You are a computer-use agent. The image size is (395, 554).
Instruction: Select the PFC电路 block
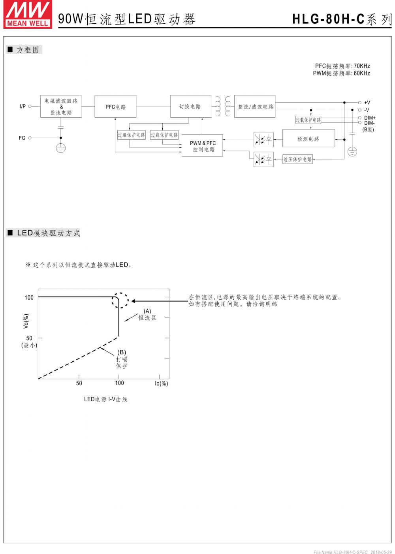click(115, 107)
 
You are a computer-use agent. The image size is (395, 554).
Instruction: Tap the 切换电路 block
click(190, 106)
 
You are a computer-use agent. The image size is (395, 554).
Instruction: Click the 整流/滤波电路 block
click(255, 106)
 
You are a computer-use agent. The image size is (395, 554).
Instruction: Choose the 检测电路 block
click(308, 139)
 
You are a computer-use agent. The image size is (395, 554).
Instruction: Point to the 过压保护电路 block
click(297, 160)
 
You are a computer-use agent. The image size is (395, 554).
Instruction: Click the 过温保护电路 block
click(132, 135)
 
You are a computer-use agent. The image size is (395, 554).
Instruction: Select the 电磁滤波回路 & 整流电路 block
click(61, 107)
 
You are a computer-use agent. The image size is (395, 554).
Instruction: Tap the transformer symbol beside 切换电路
click(222, 106)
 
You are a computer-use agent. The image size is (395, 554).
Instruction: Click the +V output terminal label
click(367, 103)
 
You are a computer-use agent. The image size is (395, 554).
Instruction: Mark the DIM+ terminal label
click(370, 118)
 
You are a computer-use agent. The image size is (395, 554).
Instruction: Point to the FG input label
click(22, 138)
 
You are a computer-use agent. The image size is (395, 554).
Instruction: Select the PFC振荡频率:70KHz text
click(342, 66)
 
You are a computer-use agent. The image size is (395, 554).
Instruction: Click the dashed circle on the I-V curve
click(120, 300)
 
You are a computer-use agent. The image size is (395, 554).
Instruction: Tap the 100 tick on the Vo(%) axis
click(29, 297)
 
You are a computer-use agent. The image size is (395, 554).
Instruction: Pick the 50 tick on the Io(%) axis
click(79, 383)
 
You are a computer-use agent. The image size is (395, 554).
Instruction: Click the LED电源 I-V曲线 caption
click(105, 399)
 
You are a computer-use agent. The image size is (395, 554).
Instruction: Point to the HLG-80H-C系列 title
click(342, 19)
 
